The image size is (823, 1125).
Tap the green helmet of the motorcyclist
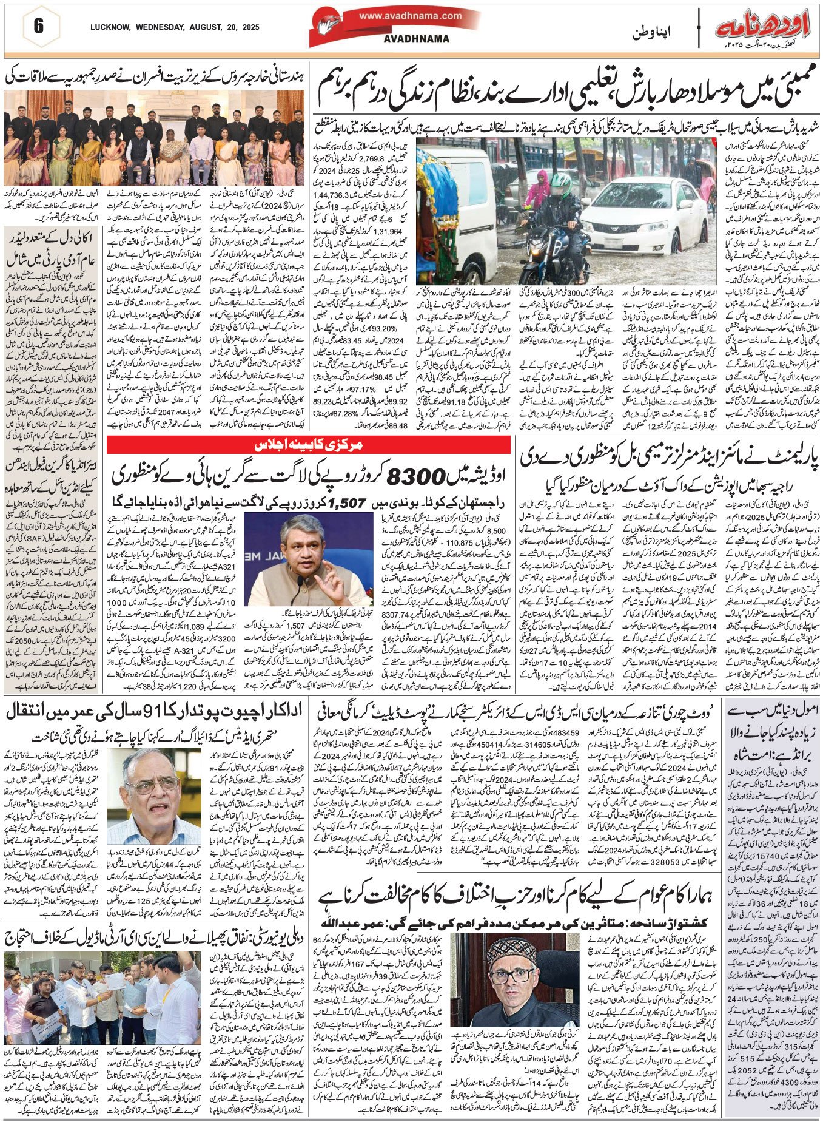point(562,180)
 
